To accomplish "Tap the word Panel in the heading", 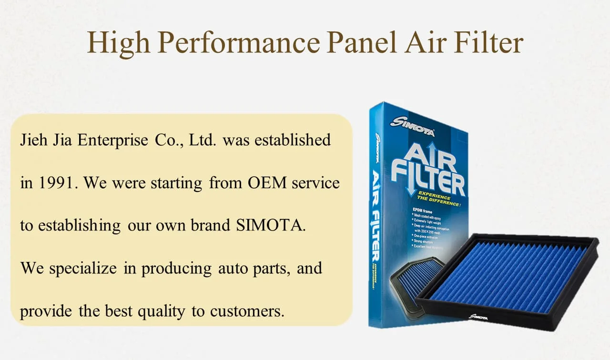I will click(362, 43).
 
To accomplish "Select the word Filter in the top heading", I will click(488, 43).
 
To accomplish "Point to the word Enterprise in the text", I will click(113, 140).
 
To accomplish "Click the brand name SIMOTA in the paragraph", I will click(270, 225).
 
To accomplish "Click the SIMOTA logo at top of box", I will click(413, 127).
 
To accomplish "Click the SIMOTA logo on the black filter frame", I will click(478, 316).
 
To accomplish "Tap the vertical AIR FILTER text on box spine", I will click(376, 214).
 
